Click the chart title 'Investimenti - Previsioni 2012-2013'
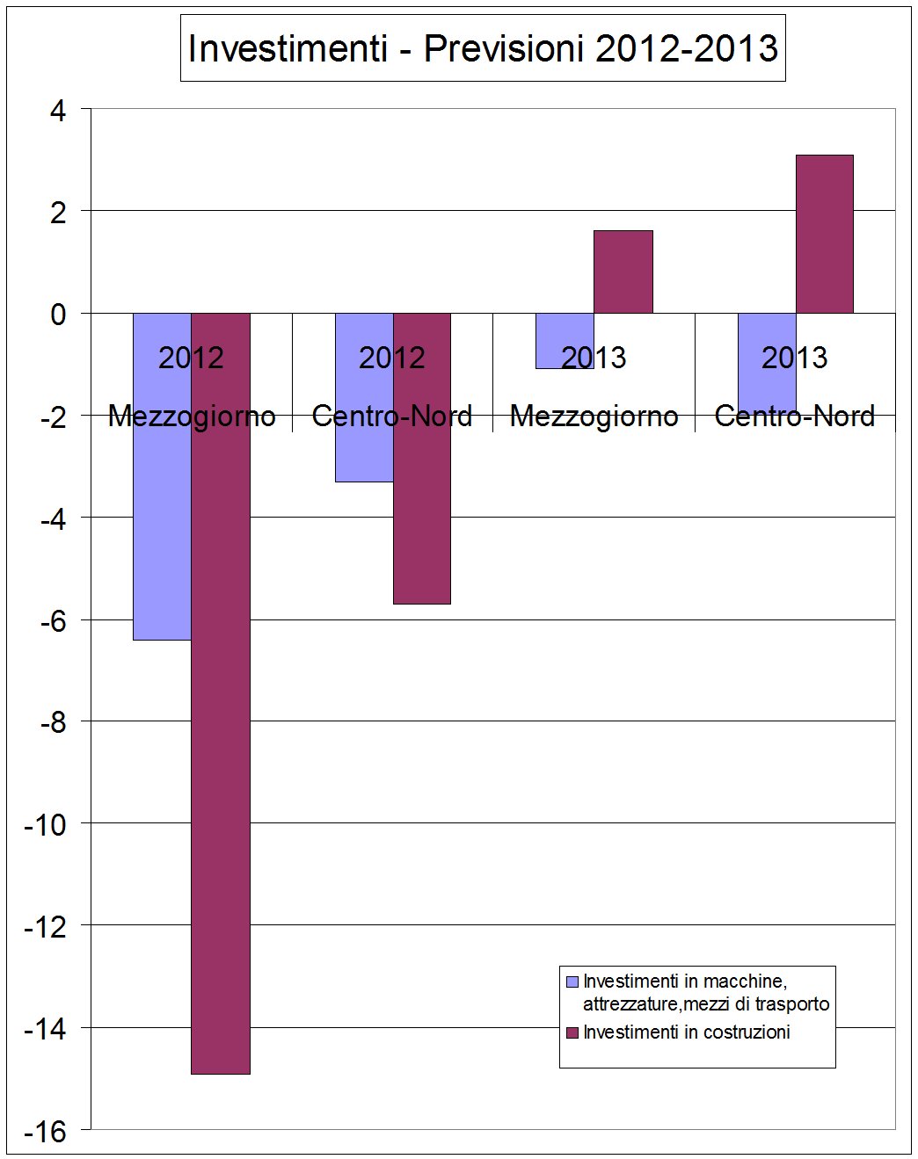483,48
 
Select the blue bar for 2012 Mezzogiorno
163,476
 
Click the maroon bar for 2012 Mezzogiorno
221,693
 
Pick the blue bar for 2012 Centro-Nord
364,397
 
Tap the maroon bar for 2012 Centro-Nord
422,459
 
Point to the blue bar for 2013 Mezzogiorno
565,341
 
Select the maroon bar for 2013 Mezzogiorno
623,272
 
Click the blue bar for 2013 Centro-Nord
767,364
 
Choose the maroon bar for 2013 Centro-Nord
825,235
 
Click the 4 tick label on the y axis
58,112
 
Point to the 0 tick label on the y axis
58,315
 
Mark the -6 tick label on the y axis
52,621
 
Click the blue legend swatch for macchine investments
572,982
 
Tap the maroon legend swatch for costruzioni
572,1032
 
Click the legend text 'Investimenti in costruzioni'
687,1032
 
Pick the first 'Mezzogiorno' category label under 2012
192,417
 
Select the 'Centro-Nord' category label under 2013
795,417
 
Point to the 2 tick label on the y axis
58,214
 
